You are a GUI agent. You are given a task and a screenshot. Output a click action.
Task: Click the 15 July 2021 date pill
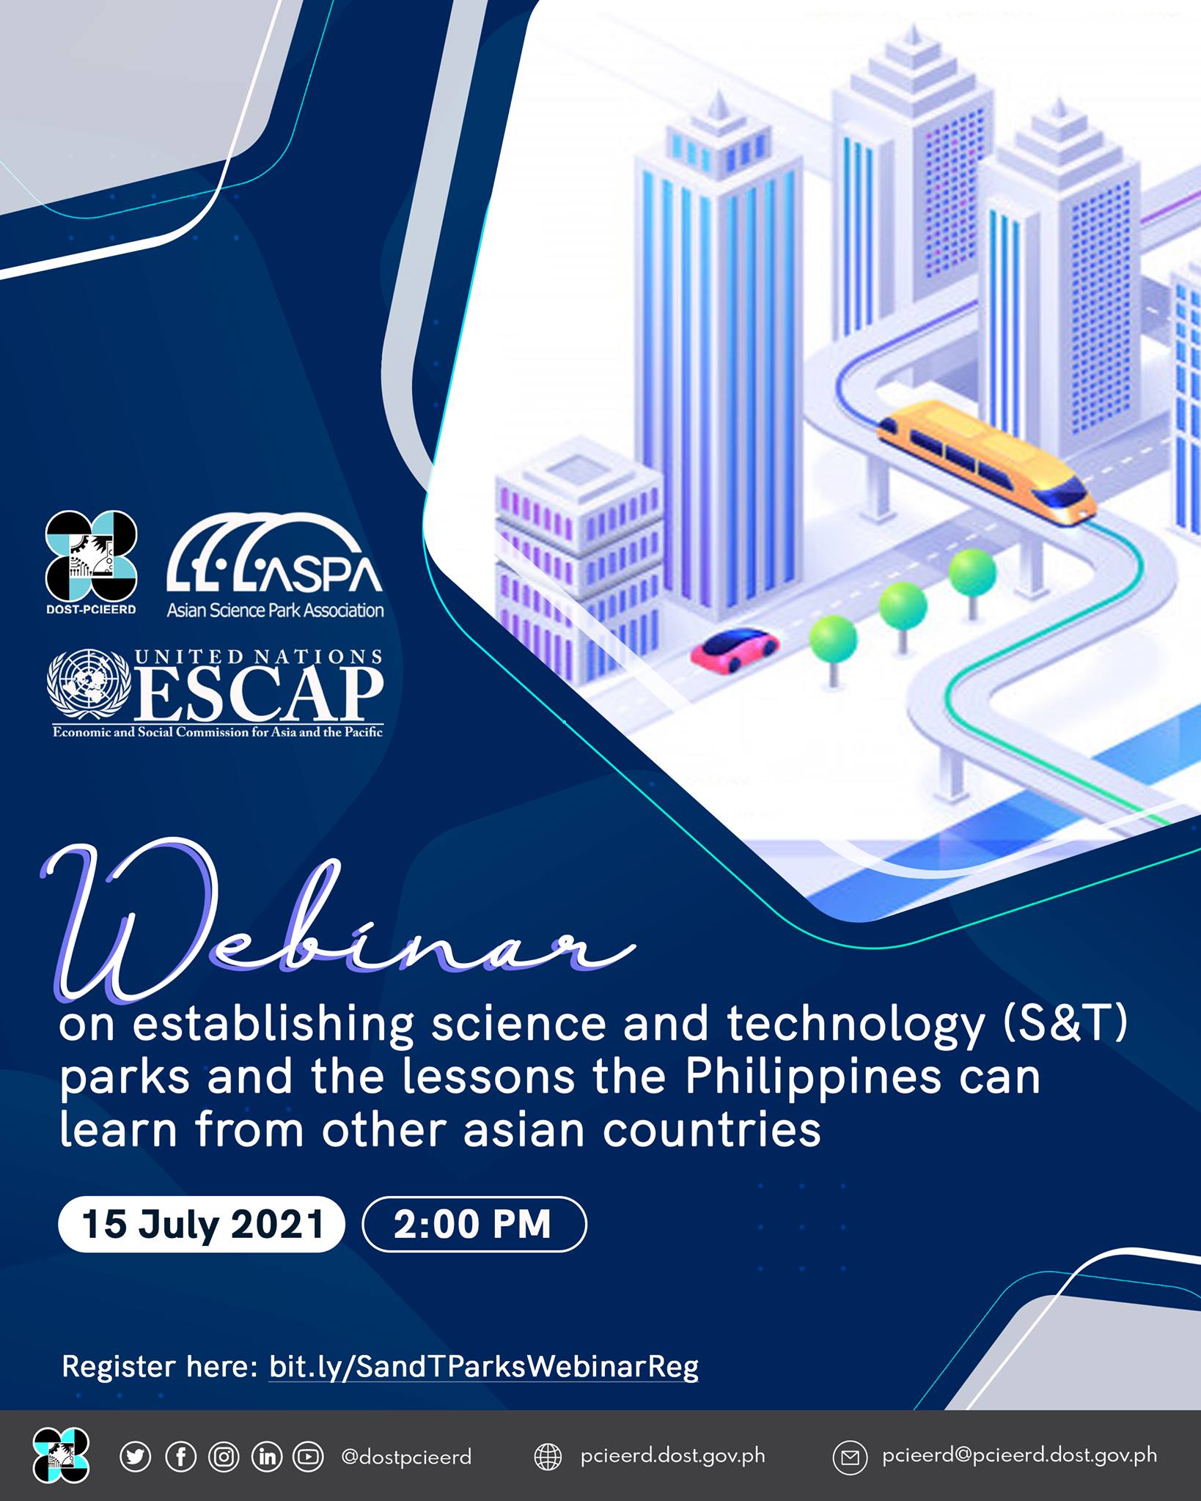click(x=202, y=1224)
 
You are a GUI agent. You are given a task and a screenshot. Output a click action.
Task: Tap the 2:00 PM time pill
click(x=474, y=1224)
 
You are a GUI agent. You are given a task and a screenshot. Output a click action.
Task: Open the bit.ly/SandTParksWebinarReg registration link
click(x=484, y=1367)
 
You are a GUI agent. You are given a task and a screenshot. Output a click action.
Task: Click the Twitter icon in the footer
click(x=136, y=1456)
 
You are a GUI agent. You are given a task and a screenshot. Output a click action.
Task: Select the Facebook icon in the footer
click(x=180, y=1456)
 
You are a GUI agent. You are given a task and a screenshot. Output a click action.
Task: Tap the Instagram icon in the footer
click(x=224, y=1456)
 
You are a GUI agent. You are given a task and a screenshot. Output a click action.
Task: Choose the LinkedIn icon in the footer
click(x=267, y=1456)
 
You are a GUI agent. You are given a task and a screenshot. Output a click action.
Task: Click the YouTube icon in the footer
click(x=309, y=1456)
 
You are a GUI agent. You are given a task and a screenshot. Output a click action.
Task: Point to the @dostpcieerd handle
click(x=406, y=1457)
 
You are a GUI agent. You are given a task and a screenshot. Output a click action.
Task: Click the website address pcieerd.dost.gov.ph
click(x=672, y=1456)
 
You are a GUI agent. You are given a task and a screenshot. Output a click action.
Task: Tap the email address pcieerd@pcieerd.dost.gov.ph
click(x=1020, y=1456)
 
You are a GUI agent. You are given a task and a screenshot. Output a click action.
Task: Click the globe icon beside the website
click(x=548, y=1457)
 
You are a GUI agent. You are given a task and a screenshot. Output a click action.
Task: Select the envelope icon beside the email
click(x=850, y=1458)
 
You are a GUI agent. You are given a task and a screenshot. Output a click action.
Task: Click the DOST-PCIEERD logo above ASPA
click(x=92, y=561)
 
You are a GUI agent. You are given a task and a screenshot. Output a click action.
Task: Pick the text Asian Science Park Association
click(x=275, y=610)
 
